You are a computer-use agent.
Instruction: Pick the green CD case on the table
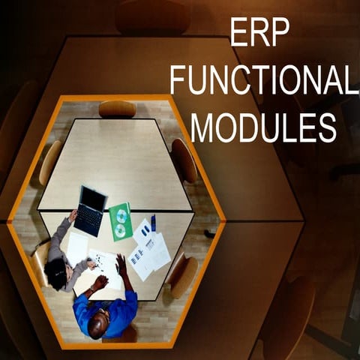tap(120, 221)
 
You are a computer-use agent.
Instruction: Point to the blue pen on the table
tap(153, 223)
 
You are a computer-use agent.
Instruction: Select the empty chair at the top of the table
tap(117, 109)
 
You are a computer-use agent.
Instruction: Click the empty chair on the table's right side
tap(184, 159)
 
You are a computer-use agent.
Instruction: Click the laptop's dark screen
tap(93, 198)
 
